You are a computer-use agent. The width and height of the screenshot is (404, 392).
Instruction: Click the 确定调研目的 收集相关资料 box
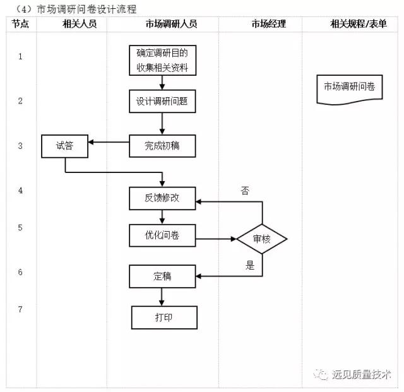coord(162,61)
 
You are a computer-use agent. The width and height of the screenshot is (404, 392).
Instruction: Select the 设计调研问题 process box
coord(162,101)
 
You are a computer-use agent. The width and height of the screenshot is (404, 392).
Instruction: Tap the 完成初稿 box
coord(162,146)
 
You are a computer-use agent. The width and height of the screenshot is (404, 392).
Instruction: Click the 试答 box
coord(64,146)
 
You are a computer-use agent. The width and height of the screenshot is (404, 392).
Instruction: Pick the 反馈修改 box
coord(162,198)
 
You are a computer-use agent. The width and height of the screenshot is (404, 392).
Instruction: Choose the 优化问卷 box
coord(162,235)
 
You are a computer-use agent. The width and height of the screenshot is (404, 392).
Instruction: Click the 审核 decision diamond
coord(262,239)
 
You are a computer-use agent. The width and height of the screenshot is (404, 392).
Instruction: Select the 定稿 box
coord(162,276)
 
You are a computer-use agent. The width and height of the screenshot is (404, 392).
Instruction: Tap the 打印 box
coord(164,317)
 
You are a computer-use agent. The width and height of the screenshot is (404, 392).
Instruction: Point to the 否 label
coord(245,190)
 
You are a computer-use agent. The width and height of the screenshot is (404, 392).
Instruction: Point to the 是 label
coord(250,266)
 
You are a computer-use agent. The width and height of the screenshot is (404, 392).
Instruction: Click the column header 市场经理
coord(268,24)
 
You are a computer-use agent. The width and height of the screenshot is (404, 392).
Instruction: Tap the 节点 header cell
coord(20,24)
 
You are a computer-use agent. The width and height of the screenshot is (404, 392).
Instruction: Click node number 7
coord(20,309)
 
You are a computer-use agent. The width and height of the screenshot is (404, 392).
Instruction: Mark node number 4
coord(20,190)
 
